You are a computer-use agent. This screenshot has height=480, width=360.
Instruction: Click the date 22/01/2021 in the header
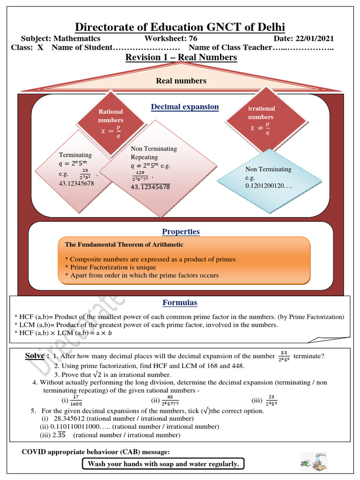pos(314,38)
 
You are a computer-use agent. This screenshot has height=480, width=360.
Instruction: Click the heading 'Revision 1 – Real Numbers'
pos(181,57)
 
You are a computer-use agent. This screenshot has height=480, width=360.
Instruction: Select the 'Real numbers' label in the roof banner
pos(181,81)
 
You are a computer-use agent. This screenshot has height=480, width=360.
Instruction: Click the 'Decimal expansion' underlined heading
pos(185,107)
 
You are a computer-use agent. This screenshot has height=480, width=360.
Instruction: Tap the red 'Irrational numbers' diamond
pos(261,121)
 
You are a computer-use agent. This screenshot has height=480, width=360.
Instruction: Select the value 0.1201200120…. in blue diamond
pos(269,186)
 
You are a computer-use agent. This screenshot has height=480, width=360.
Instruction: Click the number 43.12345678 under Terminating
pos(76,183)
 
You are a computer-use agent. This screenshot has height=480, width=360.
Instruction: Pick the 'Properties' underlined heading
pos(181,232)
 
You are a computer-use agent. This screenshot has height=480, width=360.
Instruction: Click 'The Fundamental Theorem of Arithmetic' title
pos(124,245)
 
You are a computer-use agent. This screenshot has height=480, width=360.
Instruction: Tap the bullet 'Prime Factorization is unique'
pos(113,267)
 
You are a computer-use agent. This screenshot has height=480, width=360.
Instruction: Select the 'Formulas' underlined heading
pos(180,302)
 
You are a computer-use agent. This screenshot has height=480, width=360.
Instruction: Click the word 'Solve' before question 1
pos(36,356)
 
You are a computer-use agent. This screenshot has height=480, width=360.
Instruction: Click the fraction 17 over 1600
pos(75,401)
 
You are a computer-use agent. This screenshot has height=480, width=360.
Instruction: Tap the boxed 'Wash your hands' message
pos(163,464)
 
